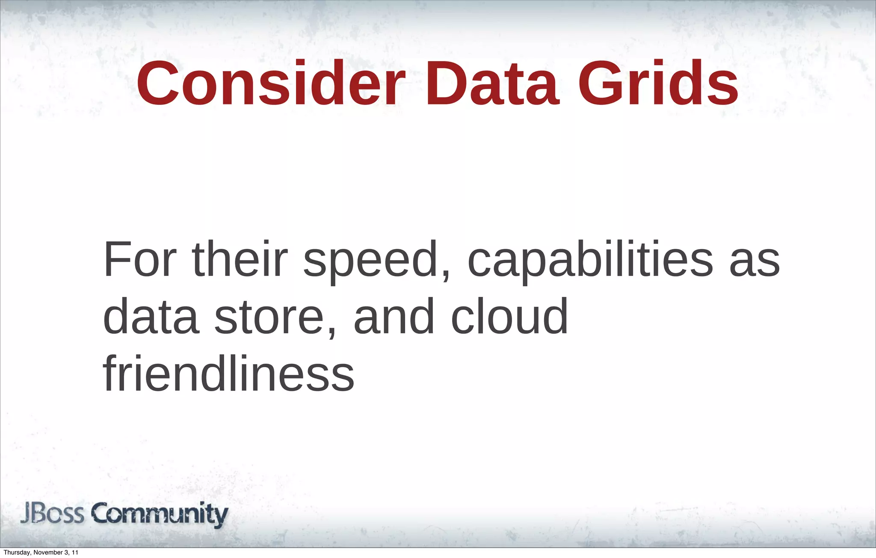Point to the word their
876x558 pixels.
(x=240, y=259)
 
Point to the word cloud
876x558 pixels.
(x=509, y=317)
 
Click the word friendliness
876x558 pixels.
(x=229, y=373)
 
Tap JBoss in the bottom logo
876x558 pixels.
(x=53, y=513)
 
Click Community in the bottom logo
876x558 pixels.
(x=160, y=514)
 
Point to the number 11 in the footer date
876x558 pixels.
(x=75, y=552)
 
